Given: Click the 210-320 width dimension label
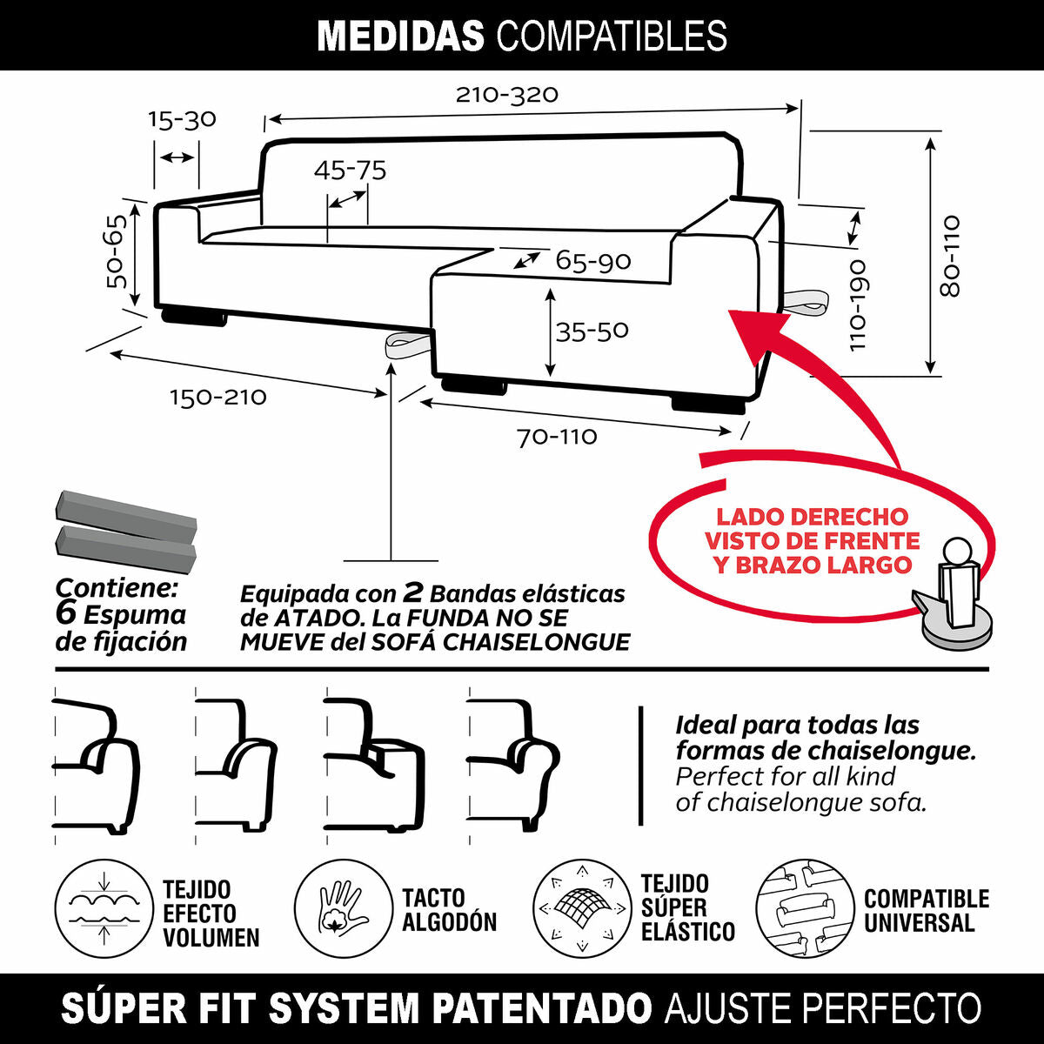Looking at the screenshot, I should pyautogui.click(x=506, y=94).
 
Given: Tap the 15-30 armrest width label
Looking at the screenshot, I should pyautogui.click(x=182, y=119).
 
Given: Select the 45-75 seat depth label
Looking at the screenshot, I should pyautogui.click(x=350, y=170).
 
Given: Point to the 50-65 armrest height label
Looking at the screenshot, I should pyautogui.click(x=117, y=251).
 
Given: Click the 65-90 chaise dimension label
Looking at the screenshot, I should pyautogui.click(x=593, y=261).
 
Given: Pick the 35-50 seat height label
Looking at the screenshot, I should pyautogui.click(x=592, y=331).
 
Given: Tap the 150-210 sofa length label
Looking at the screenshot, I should pyautogui.click(x=217, y=398).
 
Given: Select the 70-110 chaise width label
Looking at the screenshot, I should pyautogui.click(x=557, y=436).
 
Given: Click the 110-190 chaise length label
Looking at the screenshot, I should pyautogui.click(x=858, y=304).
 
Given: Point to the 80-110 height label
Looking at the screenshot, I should pyautogui.click(x=951, y=257).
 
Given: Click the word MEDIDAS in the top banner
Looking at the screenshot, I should pyautogui.click(x=401, y=37).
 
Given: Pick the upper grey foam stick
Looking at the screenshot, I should pyautogui.click(x=126, y=514).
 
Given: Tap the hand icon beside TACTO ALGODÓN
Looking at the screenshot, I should pyautogui.click(x=343, y=907).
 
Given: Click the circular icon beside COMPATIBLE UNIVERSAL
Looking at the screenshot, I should pyautogui.click(x=805, y=909).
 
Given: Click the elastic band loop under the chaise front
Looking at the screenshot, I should pyautogui.click(x=409, y=345).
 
